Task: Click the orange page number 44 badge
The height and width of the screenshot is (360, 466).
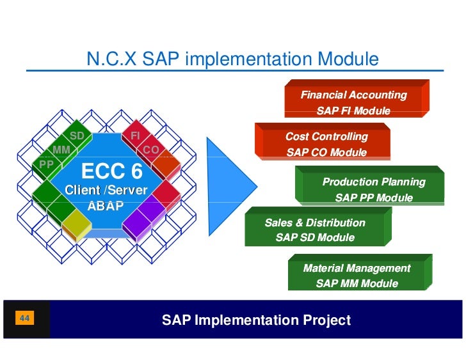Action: coord(26,318)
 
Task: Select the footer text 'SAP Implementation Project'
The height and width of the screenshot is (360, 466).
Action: coord(256,320)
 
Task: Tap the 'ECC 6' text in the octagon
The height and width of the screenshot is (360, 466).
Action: coord(111,172)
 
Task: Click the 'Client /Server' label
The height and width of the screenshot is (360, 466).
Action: coord(106,190)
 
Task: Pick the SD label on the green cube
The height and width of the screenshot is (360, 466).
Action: coord(77,136)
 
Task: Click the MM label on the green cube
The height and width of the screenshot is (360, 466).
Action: coord(61,150)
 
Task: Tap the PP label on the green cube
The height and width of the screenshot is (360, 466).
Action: coord(46,164)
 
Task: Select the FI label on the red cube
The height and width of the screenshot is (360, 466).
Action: coord(135,136)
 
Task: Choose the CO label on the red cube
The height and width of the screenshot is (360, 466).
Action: coord(150,150)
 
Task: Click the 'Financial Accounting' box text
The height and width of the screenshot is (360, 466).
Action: coord(353,95)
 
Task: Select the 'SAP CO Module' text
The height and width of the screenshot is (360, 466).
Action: coord(326,153)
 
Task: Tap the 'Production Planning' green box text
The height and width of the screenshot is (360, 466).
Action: coord(374,182)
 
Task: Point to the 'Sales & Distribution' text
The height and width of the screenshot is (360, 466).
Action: coord(315,223)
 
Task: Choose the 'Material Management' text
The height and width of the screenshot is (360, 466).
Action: coord(357,268)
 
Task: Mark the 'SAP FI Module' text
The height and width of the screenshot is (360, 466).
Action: coord(353,111)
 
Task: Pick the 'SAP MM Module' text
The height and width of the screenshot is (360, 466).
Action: coord(357,283)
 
